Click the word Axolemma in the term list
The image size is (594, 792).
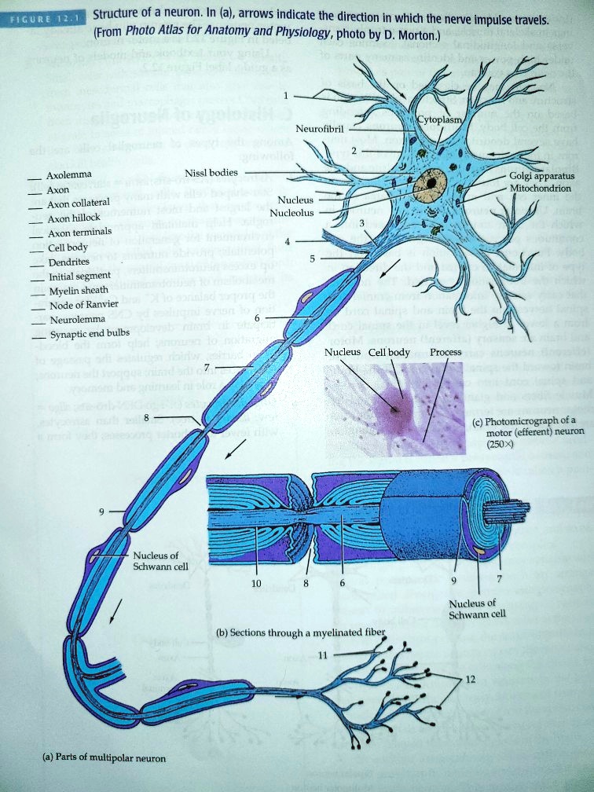point(69,174)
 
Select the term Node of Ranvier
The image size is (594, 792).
point(82,305)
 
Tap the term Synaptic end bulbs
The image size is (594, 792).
point(84,333)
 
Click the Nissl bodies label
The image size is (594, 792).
point(216,172)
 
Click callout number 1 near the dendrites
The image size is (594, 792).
point(287,96)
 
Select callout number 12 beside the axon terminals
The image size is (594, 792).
point(470,679)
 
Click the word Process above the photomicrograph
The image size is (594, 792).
point(445,351)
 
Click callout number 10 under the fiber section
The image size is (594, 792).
point(253,584)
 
